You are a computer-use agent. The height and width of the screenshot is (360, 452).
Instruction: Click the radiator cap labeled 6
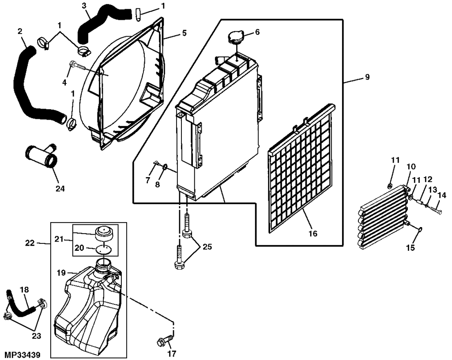[236, 38]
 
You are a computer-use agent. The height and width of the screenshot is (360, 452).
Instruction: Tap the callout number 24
[60, 189]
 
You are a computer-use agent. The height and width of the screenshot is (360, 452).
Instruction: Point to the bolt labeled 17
[166, 341]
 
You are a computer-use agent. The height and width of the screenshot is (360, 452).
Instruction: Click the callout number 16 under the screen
[313, 233]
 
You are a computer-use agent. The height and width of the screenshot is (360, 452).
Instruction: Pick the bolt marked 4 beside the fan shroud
[78, 66]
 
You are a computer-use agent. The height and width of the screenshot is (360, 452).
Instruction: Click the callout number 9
[367, 77]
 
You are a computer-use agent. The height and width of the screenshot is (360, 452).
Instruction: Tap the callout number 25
[207, 247]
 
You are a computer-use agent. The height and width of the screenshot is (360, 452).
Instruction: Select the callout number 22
[30, 243]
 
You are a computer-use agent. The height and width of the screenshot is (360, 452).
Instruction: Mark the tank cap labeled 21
[104, 233]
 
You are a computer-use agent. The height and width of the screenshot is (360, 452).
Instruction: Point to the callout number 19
[61, 273]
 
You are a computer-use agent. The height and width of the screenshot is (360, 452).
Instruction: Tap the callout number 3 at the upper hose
[84, 6]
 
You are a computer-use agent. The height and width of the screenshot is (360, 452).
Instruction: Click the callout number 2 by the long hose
[20, 31]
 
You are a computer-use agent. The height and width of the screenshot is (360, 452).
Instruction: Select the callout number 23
[37, 336]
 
